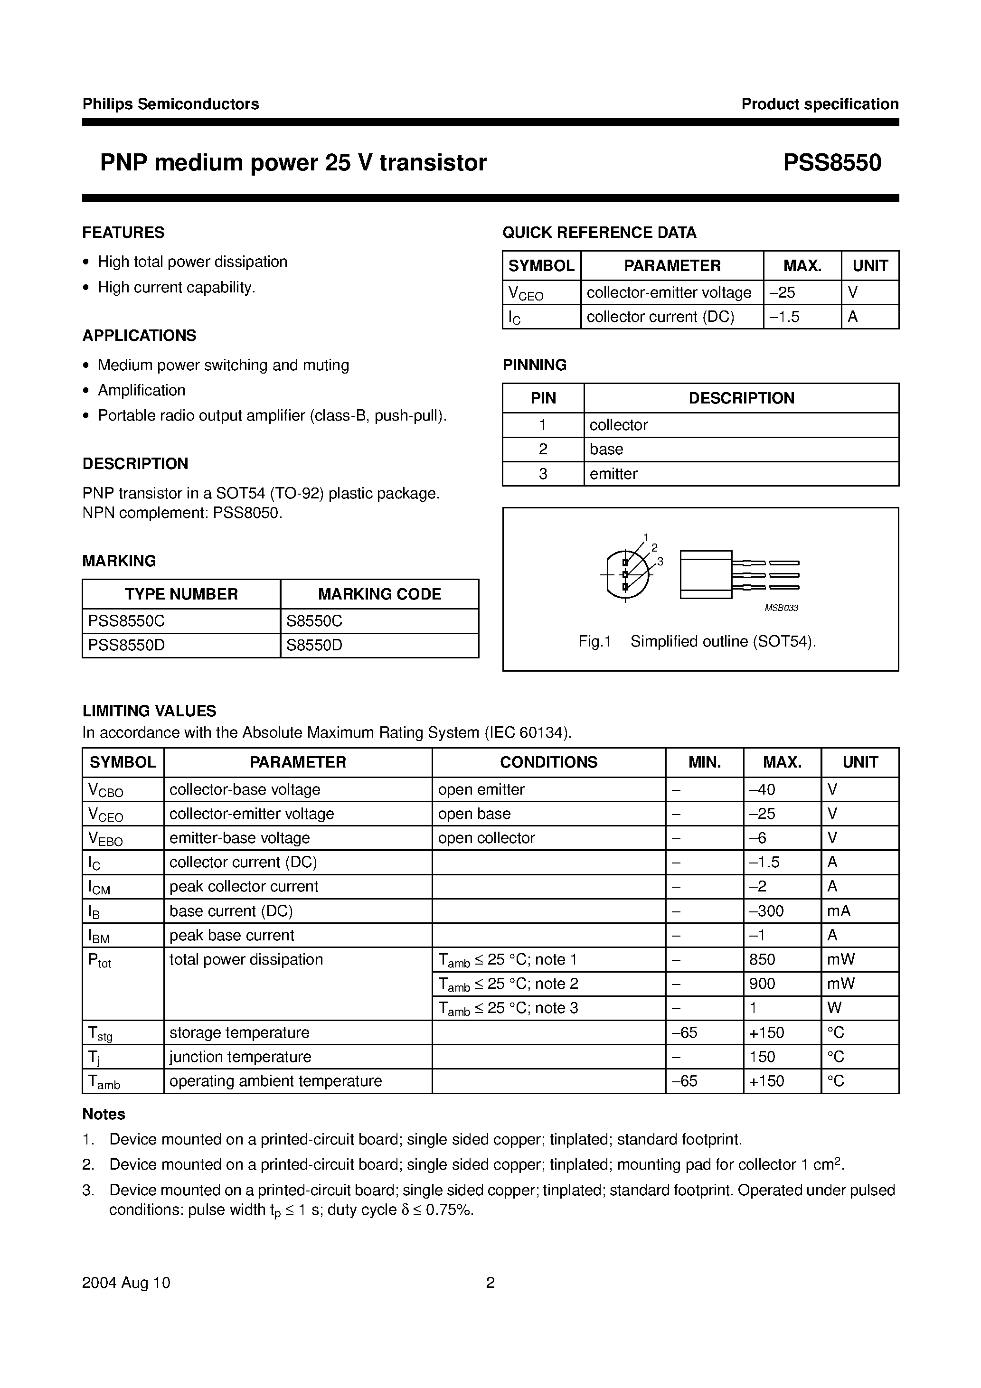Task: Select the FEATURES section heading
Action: coord(123,233)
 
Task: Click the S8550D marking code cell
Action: coord(314,646)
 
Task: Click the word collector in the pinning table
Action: coord(618,425)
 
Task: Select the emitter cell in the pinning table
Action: coord(613,474)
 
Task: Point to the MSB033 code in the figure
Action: coord(781,608)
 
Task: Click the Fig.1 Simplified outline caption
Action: coord(697,641)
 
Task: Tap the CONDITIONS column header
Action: coord(548,762)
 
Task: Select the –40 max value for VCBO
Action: coord(762,789)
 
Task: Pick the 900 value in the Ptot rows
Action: coord(762,984)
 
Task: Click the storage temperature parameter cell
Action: coord(239,1032)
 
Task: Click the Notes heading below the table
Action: coord(104,1114)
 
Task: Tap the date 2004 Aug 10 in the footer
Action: coord(126,1283)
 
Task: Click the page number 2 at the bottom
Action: coord(490,1283)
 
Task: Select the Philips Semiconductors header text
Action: coord(170,104)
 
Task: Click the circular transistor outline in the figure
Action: coord(628,574)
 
